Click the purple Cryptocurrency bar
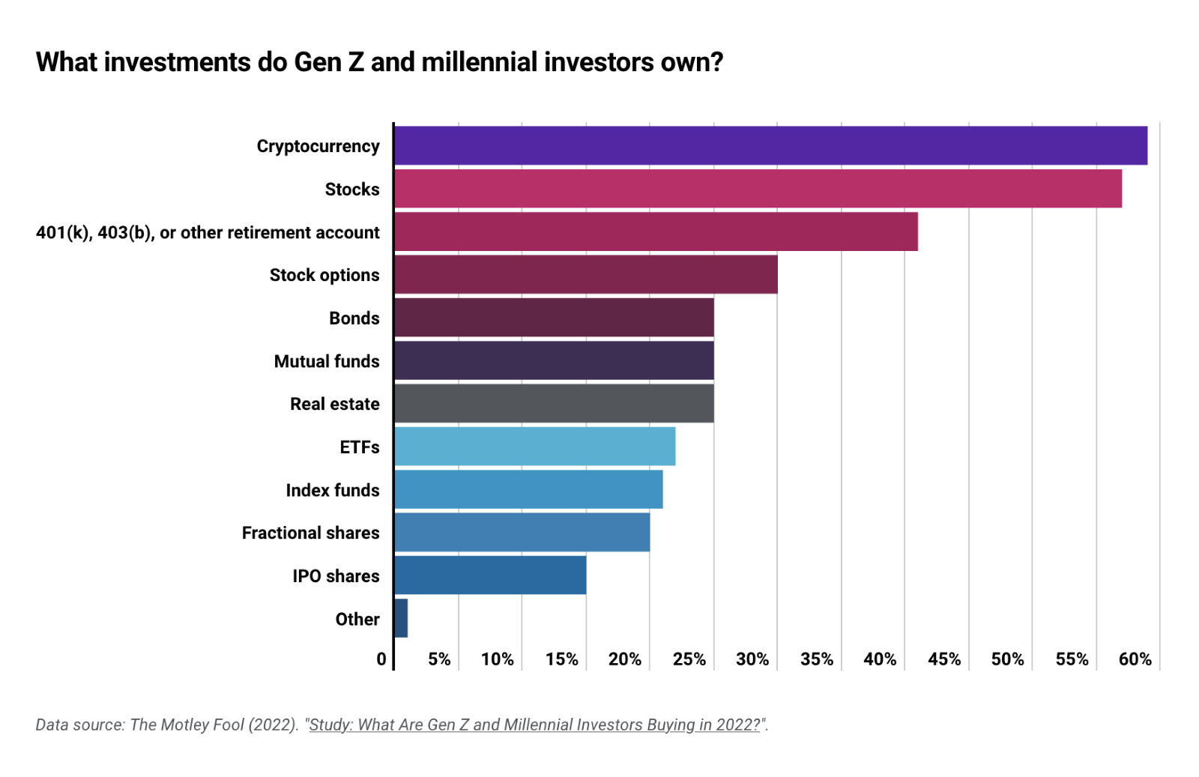point(770,145)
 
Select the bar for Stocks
point(758,189)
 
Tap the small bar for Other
point(401,618)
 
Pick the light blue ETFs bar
point(534,447)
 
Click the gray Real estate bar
point(554,403)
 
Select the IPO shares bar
point(490,575)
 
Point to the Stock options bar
point(585,274)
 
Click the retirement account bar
point(656,232)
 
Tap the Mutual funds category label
point(327,361)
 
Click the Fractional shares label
point(310,533)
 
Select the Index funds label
point(332,490)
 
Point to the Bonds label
point(354,318)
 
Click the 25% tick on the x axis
point(689,659)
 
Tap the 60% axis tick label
point(1135,659)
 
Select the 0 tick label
point(381,659)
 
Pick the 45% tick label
point(943,659)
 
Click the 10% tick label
point(497,659)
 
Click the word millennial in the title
point(480,62)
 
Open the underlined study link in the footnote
point(535,725)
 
